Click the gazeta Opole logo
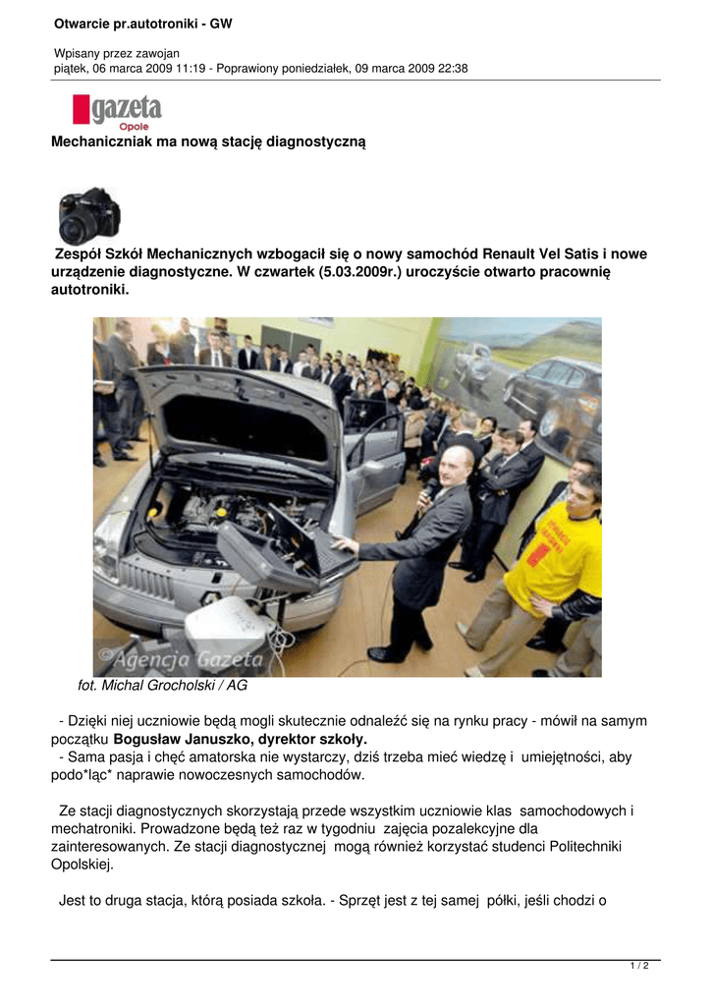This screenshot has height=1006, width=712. (116, 111)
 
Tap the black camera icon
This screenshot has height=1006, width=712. (88, 217)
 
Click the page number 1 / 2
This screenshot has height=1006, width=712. (638, 966)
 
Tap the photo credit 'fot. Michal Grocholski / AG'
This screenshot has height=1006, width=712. (162, 685)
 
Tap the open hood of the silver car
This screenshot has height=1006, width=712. (241, 408)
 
